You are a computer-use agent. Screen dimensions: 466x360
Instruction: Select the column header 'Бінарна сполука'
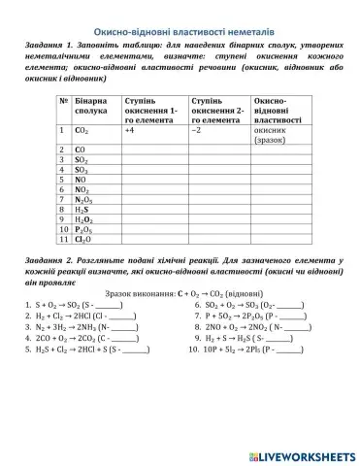tap(91, 108)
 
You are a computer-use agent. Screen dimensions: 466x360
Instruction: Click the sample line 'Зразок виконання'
tap(180, 292)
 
